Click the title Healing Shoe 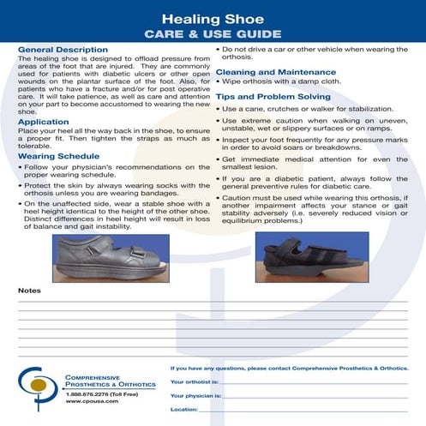point(213,16)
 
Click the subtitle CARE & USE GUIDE point(213,34)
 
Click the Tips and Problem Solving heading point(272,97)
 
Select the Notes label point(29,291)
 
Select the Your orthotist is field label point(195,381)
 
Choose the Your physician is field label point(196,395)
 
